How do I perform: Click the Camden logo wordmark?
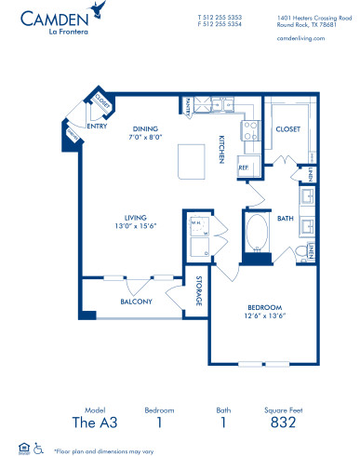(52, 20)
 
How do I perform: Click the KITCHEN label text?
(223, 148)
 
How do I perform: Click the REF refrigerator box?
(244, 168)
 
